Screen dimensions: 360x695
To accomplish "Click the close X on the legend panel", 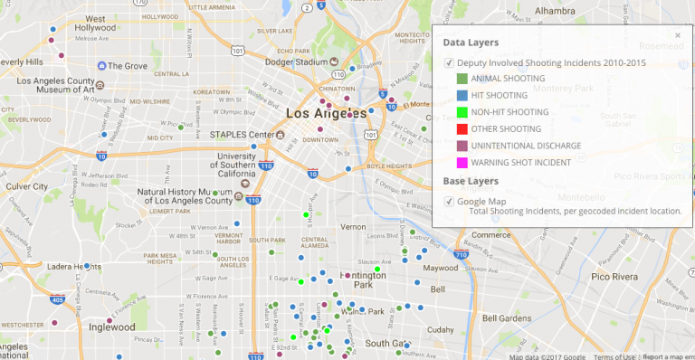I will tap(678, 35).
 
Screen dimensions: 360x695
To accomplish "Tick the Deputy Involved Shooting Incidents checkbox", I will tap(449, 62).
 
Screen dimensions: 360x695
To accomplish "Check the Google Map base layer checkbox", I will tap(449, 201).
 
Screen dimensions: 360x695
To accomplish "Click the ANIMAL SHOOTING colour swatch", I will tap(462, 79).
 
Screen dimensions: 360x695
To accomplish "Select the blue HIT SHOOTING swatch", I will tap(462, 95).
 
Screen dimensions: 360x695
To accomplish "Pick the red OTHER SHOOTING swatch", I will tap(462, 128).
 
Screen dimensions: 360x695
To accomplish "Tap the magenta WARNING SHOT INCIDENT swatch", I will tap(462, 162).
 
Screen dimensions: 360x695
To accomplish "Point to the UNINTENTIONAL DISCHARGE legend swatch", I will tap(462, 146).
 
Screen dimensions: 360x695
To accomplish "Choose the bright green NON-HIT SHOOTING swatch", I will tap(462, 112).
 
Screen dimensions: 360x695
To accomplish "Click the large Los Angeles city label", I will tap(326, 114).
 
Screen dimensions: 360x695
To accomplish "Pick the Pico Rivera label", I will tap(616, 276).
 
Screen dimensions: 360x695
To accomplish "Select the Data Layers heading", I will tap(471, 43).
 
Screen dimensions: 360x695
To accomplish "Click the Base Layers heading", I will tap(471, 181).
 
